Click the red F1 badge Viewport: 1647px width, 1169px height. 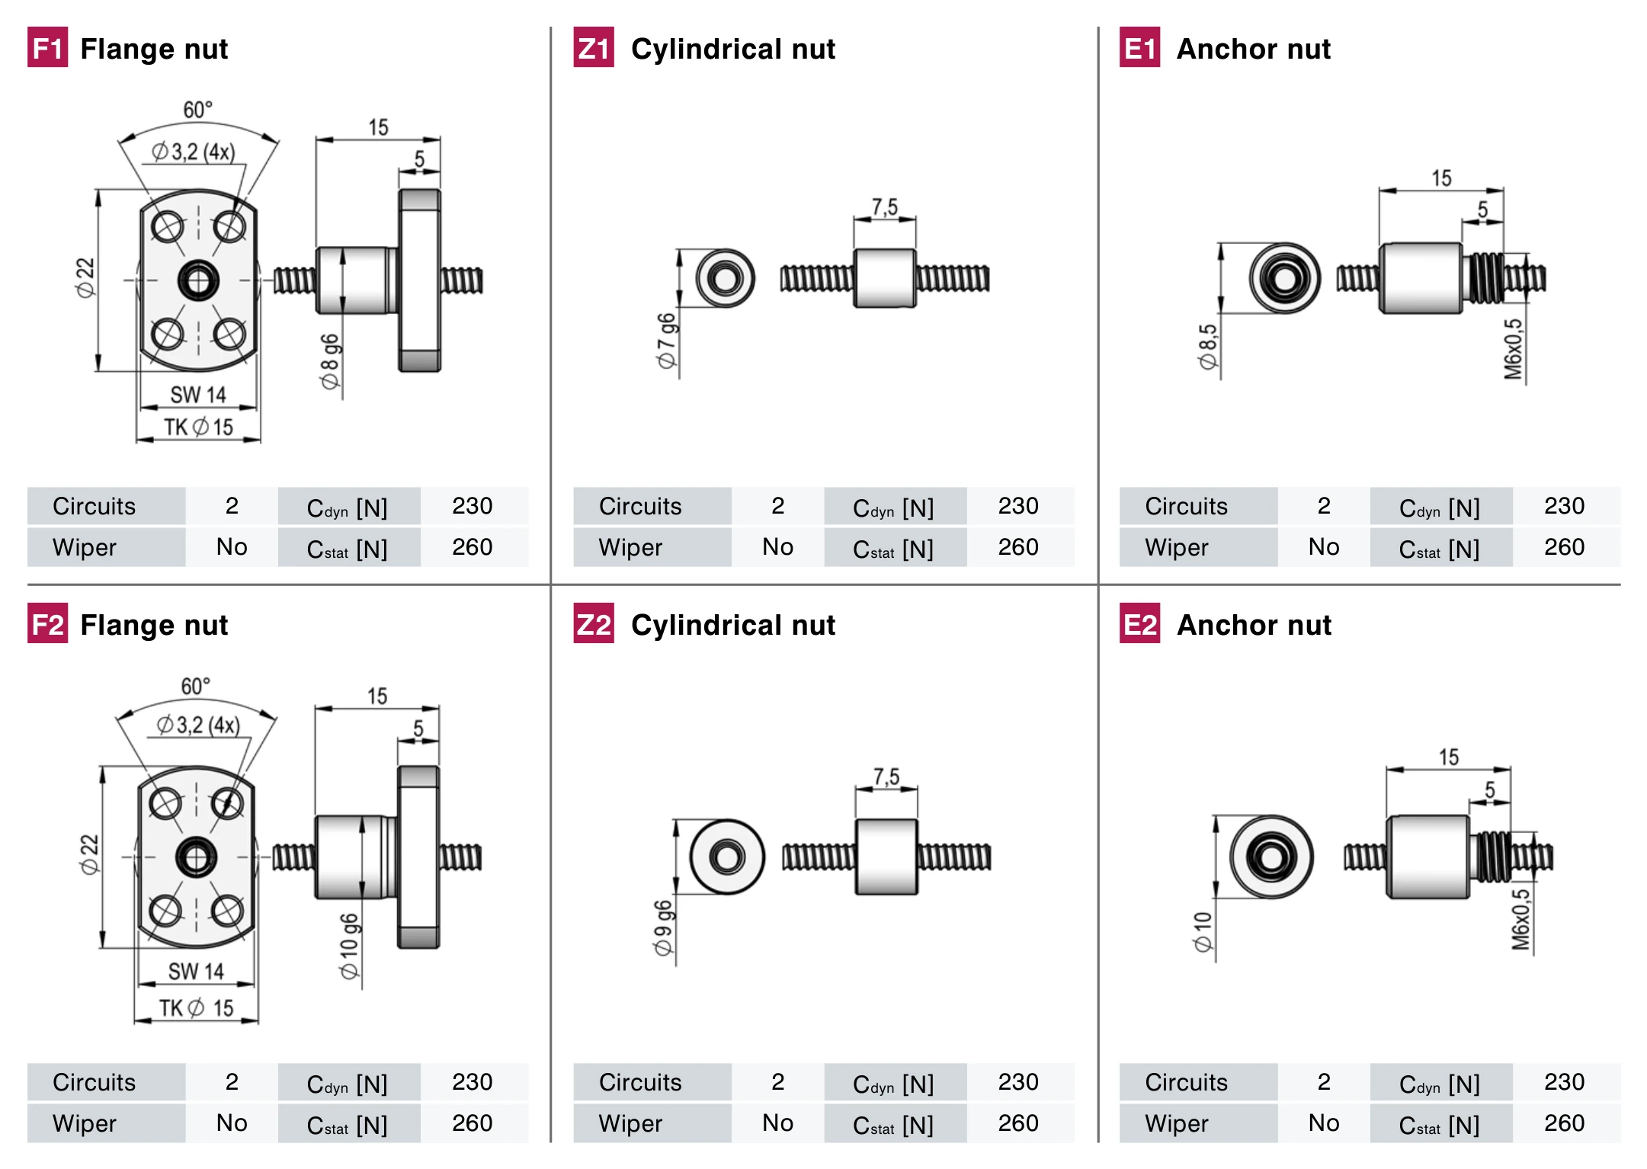pyautogui.click(x=47, y=47)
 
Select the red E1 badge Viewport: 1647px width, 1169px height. pyautogui.click(x=1139, y=47)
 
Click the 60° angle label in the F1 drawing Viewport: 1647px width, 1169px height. pyautogui.click(x=197, y=110)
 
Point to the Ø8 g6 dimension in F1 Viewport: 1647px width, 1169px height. pyautogui.click(x=330, y=361)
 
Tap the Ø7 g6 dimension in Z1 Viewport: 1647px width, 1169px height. pyautogui.click(x=667, y=341)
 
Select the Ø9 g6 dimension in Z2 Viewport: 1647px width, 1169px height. pyautogui.click(x=663, y=928)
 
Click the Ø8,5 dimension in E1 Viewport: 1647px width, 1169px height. pyautogui.click(x=1208, y=347)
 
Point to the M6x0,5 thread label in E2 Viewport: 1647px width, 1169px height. pyautogui.click(x=1520, y=920)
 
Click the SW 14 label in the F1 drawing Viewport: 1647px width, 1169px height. pyautogui.click(x=198, y=395)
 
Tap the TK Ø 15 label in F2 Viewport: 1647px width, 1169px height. pyautogui.click(x=196, y=1008)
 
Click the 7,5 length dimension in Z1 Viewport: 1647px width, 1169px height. pyautogui.click(x=885, y=207)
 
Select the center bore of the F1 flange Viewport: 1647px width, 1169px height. pyautogui.click(x=198, y=280)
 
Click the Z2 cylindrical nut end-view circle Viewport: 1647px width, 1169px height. pyautogui.click(x=727, y=857)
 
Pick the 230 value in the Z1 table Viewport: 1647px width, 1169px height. pyautogui.click(x=1018, y=506)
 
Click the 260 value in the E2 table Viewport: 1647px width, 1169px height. pyautogui.click(x=1564, y=1123)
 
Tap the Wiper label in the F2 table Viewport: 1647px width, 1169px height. pyautogui.click(x=85, y=1123)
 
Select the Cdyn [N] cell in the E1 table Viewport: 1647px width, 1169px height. pyautogui.click(x=1440, y=508)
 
